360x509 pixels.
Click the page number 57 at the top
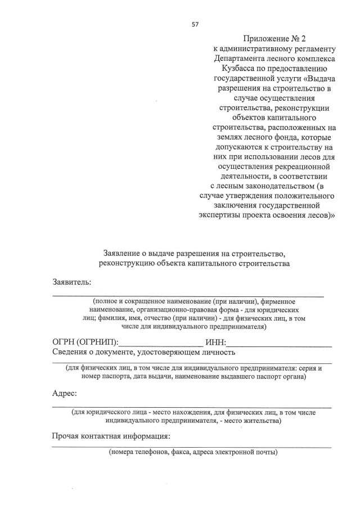[195, 24]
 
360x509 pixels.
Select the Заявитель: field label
[71, 282]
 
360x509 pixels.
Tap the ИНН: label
[215, 343]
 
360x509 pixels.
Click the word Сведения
[71, 353]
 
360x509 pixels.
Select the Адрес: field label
[65, 393]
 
